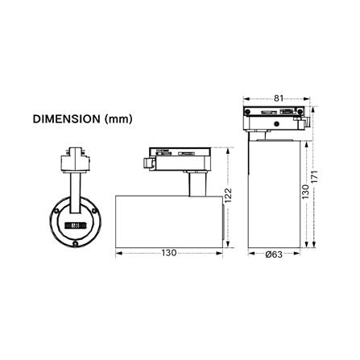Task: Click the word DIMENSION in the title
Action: [x=66, y=119]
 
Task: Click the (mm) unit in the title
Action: [x=118, y=119]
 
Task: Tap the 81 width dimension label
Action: [x=279, y=98]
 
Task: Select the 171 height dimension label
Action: [x=315, y=176]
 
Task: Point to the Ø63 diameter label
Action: [x=274, y=254]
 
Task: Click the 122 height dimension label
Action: [x=228, y=195]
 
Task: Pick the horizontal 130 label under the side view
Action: [x=169, y=253]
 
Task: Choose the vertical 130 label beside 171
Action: [x=305, y=192]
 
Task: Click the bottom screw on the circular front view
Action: [x=76, y=243]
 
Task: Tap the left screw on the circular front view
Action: [x=56, y=211]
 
